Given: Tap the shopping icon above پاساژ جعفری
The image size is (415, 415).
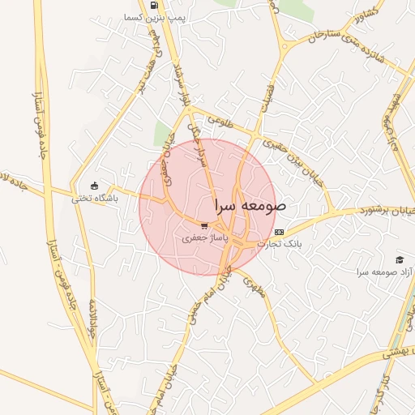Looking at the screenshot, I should click(204, 226).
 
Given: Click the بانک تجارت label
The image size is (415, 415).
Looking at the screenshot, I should click(280, 244).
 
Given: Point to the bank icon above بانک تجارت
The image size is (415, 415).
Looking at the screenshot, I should click(280, 232).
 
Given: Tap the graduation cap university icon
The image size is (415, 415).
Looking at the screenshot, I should click(399, 259).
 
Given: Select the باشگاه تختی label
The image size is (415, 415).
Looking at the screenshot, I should click(95, 197).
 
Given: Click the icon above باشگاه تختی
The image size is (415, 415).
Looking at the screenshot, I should click(95, 185).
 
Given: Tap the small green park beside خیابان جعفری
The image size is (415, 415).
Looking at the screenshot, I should click(164, 135).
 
